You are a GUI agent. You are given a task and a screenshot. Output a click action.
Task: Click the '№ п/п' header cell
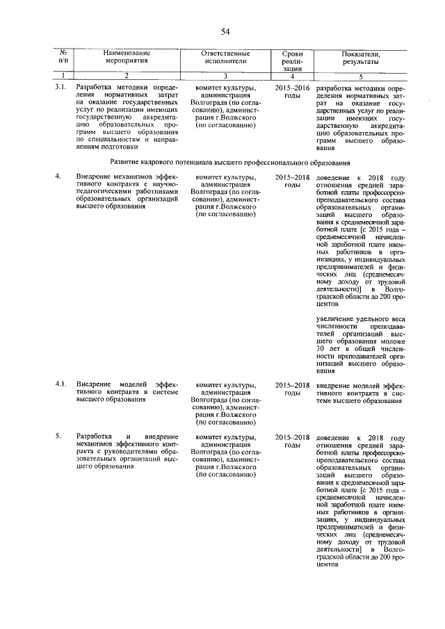(63, 57)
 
